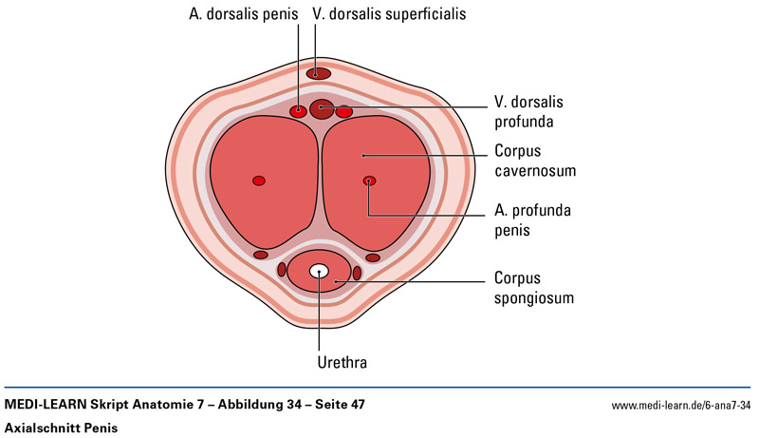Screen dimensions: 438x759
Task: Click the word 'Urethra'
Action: pyautogui.click(x=320, y=362)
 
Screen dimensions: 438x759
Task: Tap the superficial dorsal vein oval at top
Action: pyautogui.click(x=318, y=73)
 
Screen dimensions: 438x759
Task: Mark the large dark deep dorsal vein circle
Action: pyautogui.click(x=322, y=108)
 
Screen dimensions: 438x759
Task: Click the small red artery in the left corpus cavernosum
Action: pyautogui.click(x=258, y=181)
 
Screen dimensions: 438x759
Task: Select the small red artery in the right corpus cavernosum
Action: pyautogui.click(x=369, y=181)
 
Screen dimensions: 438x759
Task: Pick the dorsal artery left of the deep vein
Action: pyautogui.click(x=298, y=111)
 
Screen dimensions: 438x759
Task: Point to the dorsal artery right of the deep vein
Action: pyautogui.click(x=344, y=111)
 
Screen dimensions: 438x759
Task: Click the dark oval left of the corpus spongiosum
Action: pyautogui.click(x=282, y=270)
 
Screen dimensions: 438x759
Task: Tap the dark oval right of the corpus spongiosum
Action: pyautogui.click(x=357, y=274)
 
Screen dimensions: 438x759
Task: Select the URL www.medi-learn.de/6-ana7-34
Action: pyautogui.click(x=681, y=407)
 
